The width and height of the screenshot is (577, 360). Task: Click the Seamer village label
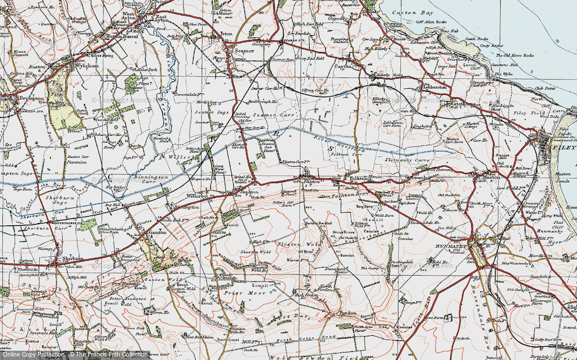pyautogui.click(x=240, y=51)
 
